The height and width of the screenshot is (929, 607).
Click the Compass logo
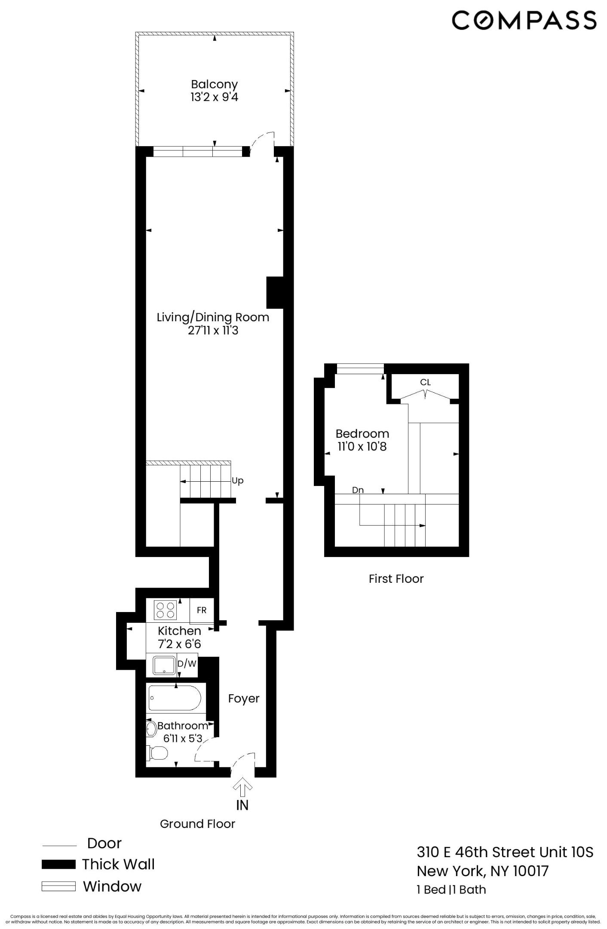524,20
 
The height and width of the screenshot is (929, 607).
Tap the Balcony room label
214,84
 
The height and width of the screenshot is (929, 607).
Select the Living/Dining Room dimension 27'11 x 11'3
213,330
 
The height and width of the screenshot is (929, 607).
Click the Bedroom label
362,433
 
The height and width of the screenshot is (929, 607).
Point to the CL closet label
425,382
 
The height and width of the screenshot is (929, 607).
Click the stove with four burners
165,610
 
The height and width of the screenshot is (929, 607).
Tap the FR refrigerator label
201,610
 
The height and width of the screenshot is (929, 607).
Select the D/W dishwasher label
187,664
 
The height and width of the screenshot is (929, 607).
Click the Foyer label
244,698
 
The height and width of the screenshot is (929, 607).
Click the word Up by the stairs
237,480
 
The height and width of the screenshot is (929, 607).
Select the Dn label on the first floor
358,490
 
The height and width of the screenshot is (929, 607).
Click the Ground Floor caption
197,824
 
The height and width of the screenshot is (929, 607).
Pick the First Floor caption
396,578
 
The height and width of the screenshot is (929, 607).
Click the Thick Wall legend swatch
58,864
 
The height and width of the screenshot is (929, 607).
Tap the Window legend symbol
58,886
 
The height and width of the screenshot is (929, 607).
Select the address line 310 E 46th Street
505,852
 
